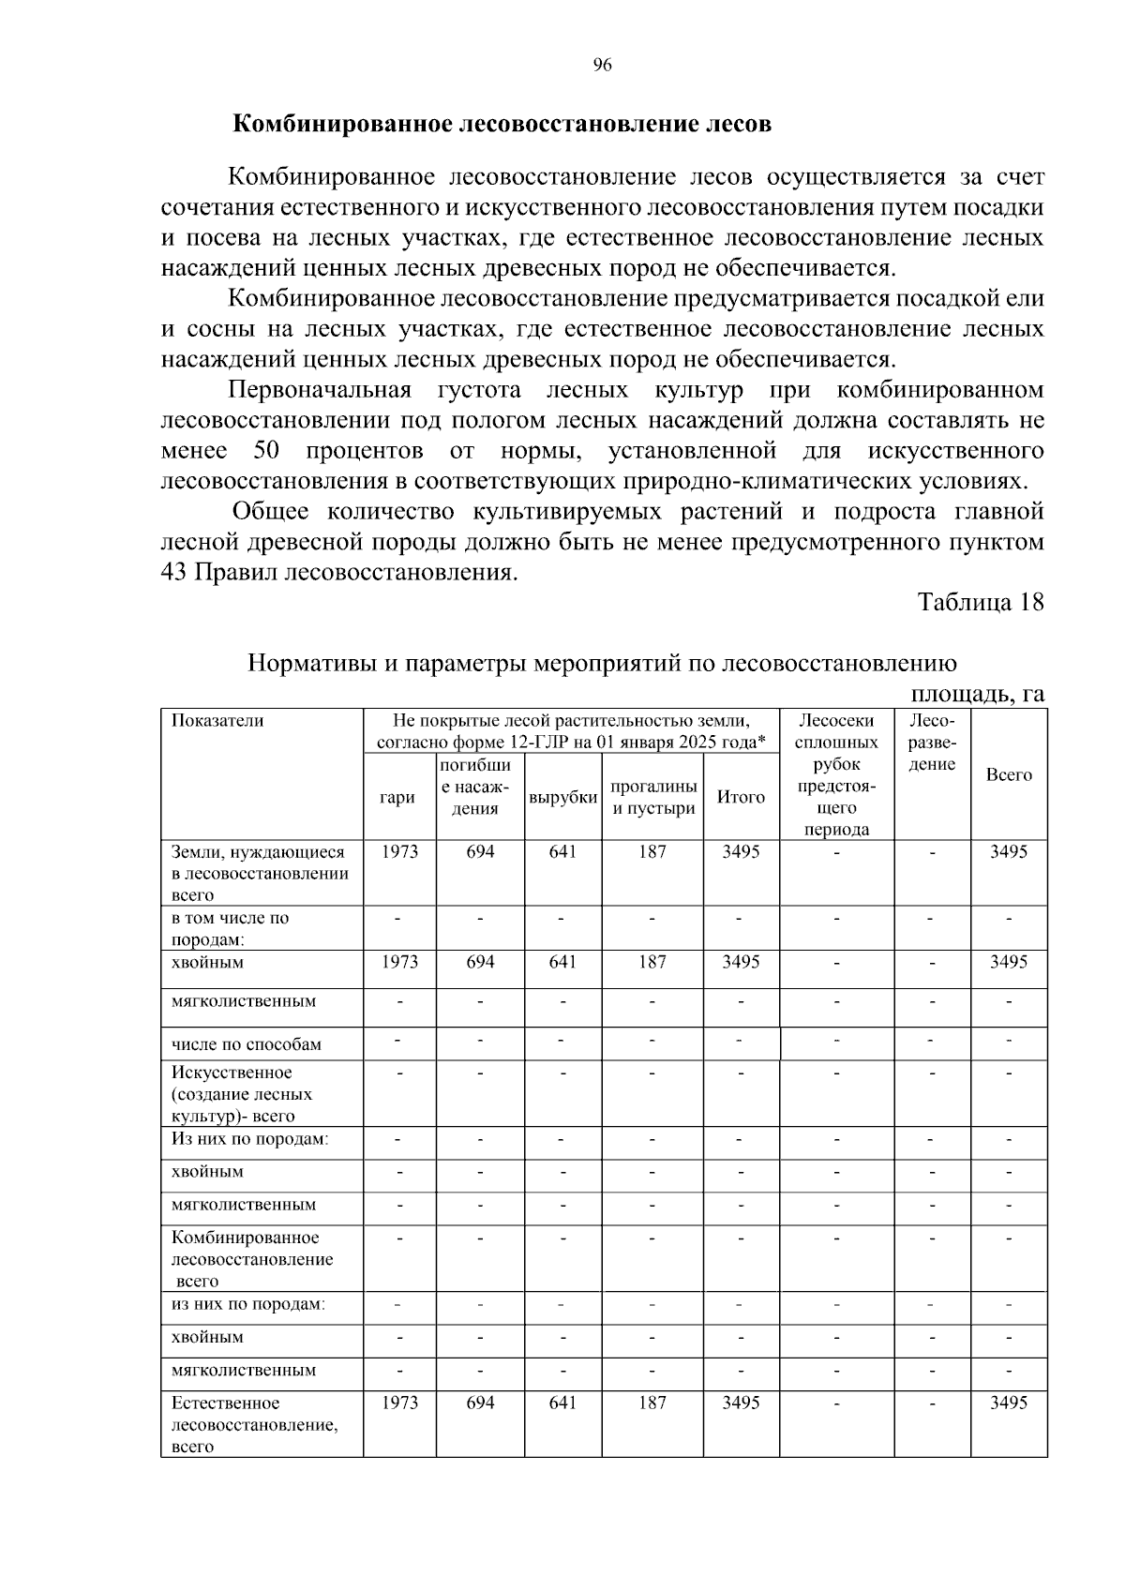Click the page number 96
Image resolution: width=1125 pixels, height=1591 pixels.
point(602,65)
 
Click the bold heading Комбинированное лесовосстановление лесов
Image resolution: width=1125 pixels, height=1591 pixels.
point(502,124)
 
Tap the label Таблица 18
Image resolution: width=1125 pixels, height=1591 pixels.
point(980,602)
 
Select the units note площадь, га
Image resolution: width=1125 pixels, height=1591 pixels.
point(978,694)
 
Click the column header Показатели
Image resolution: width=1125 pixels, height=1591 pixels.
point(217,721)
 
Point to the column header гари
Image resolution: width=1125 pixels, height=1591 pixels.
point(397,797)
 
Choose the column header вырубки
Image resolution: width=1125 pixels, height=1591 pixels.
point(562,797)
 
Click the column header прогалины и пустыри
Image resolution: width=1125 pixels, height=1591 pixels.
point(652,797)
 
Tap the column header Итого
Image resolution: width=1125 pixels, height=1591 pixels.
point(741,797)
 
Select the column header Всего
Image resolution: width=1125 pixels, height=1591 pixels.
point(1009,774)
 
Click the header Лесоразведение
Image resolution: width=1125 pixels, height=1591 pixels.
point(932,742)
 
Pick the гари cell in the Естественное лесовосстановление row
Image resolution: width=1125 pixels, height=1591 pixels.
point(399,1403)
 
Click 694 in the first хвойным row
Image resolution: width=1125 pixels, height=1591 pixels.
point(479,962)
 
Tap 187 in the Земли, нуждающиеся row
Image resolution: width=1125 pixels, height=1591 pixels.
point(652,851)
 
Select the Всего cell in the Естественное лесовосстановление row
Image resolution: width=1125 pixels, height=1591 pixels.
point(1009,1403)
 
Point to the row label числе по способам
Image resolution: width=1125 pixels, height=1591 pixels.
point(247,1044)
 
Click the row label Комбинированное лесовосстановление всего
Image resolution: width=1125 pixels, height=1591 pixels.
point(252,1259)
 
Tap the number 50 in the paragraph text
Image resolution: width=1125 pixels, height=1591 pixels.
point(266,451)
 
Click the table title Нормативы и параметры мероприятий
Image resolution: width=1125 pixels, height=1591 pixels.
point(602,664)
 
